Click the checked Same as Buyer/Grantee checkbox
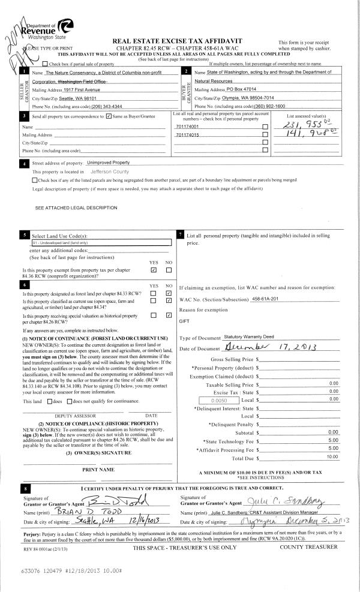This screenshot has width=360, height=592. pyautogui.click(x=108, y=116)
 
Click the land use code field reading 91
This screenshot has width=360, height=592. pyautogui.click(x=101, y=242)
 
